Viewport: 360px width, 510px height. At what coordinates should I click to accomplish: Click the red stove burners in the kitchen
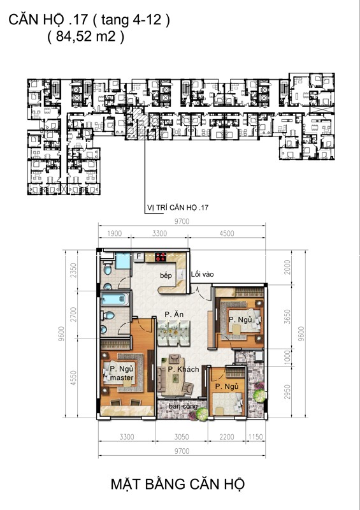[161, 257]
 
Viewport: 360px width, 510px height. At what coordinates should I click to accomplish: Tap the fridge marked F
[139, 256]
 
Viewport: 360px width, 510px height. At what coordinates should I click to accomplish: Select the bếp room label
[166, 275]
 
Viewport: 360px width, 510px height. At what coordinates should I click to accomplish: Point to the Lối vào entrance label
[202, 274]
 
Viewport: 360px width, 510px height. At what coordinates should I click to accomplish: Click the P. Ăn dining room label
[174, 314]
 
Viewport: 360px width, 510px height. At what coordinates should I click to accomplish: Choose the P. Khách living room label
[184, 369]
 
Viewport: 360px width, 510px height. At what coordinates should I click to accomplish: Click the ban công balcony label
[183, 407]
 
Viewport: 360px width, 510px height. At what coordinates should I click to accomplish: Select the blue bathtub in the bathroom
[115, 298]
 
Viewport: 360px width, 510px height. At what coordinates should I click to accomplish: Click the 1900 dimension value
[115, 233]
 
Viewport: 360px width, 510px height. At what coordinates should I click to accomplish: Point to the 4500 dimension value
[227, 233]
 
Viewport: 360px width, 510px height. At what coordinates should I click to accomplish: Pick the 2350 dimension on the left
[73, 270]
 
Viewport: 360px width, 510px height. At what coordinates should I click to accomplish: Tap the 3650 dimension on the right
[287, 316]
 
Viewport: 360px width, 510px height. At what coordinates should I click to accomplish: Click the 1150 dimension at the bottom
[256, 437]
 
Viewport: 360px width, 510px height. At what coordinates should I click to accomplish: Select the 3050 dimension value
[182, 437]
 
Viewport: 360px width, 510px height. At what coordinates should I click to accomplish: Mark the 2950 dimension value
[287, 392]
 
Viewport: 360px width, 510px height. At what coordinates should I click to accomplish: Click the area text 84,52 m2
[86, 36]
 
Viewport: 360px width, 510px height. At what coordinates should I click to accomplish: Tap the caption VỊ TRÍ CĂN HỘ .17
[178, 208]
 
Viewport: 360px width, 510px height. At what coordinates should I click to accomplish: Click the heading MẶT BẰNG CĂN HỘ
[178, 484]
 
